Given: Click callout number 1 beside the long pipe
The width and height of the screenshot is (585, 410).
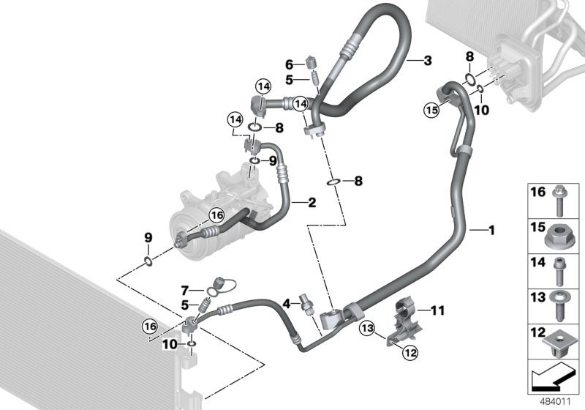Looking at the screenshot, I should click(x=492, y=231).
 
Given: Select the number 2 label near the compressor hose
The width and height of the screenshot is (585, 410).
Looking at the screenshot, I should click(x=312, y=201).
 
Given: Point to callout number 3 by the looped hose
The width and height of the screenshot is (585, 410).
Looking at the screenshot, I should click(x=428, y=61).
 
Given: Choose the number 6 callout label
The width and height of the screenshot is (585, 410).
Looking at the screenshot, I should click(x=289, y=64).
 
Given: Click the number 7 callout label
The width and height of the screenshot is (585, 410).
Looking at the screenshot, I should click(x=185, y=291).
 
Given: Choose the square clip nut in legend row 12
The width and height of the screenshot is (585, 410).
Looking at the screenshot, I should click(x=561, y=342).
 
